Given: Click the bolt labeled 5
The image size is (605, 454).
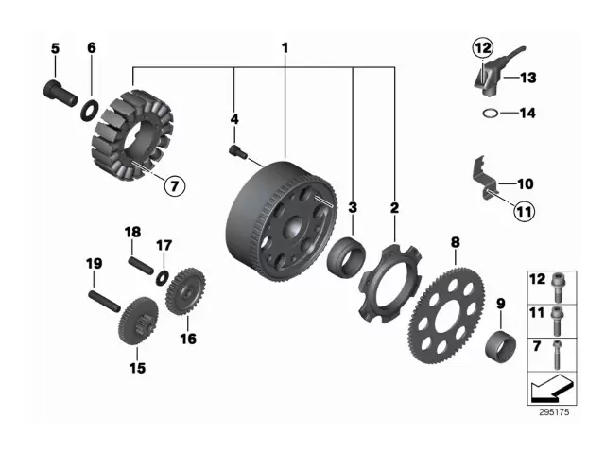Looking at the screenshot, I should pyautogui.click(x=60, y=92).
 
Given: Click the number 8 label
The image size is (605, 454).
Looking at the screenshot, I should pyautogui.click(x=455, y=243).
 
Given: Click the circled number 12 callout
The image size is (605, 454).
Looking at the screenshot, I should pyautogui.click(x=483, y=46).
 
